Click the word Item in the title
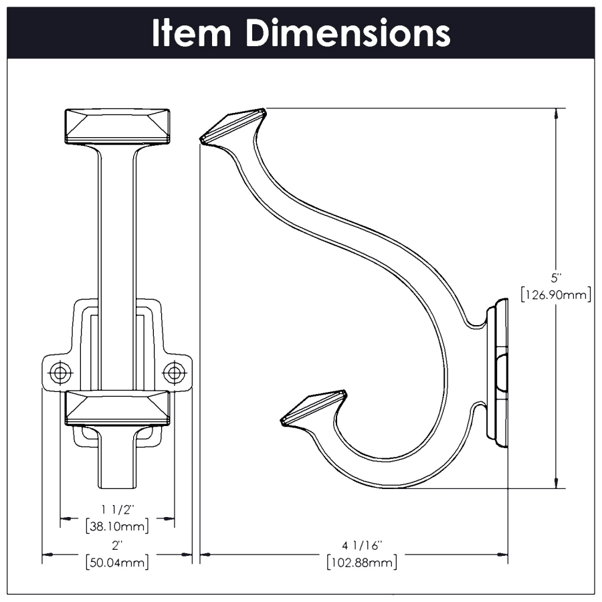point(192,33)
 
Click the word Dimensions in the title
point(347,33)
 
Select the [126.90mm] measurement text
point(555,294)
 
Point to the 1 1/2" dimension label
point(117,509)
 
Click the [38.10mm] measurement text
point(117,526)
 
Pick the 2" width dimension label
point(117,546)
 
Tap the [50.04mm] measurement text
point(117,563)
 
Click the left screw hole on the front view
point(60,372)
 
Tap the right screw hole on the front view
point(175,372)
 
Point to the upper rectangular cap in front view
point(117,126)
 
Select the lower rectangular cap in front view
point(117,407)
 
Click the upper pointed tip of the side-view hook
point(203,138)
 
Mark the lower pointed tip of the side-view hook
point(284,421)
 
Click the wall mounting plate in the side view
point(498,375)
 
